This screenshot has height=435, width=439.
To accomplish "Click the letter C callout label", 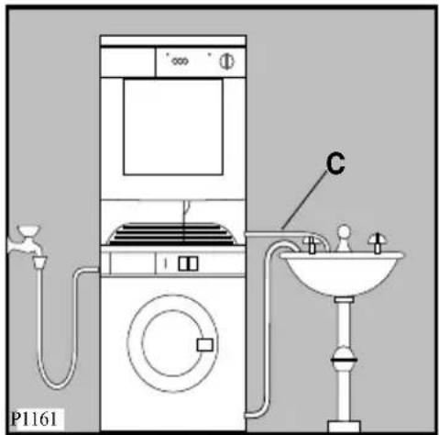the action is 335,163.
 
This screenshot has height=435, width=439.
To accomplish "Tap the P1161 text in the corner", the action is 34,418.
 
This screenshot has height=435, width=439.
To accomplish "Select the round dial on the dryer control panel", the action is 226,61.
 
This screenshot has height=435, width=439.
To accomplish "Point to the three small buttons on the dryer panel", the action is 180,61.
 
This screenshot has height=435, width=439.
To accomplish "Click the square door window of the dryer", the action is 173,127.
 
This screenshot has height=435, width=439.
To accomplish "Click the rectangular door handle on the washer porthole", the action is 204,345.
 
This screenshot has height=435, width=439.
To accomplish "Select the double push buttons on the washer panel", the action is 188,263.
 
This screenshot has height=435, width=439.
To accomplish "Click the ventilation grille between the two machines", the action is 173,234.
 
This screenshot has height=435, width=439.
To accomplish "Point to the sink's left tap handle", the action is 311,245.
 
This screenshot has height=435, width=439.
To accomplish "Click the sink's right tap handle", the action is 378,243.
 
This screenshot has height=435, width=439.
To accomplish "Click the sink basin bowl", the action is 342,273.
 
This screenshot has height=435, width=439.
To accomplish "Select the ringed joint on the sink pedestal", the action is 344,358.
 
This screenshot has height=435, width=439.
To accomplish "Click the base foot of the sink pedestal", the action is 344,426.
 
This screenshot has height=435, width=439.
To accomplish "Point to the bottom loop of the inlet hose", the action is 58,385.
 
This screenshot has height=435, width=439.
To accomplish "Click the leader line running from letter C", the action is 304,200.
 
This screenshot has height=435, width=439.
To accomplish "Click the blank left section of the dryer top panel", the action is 127,62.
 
